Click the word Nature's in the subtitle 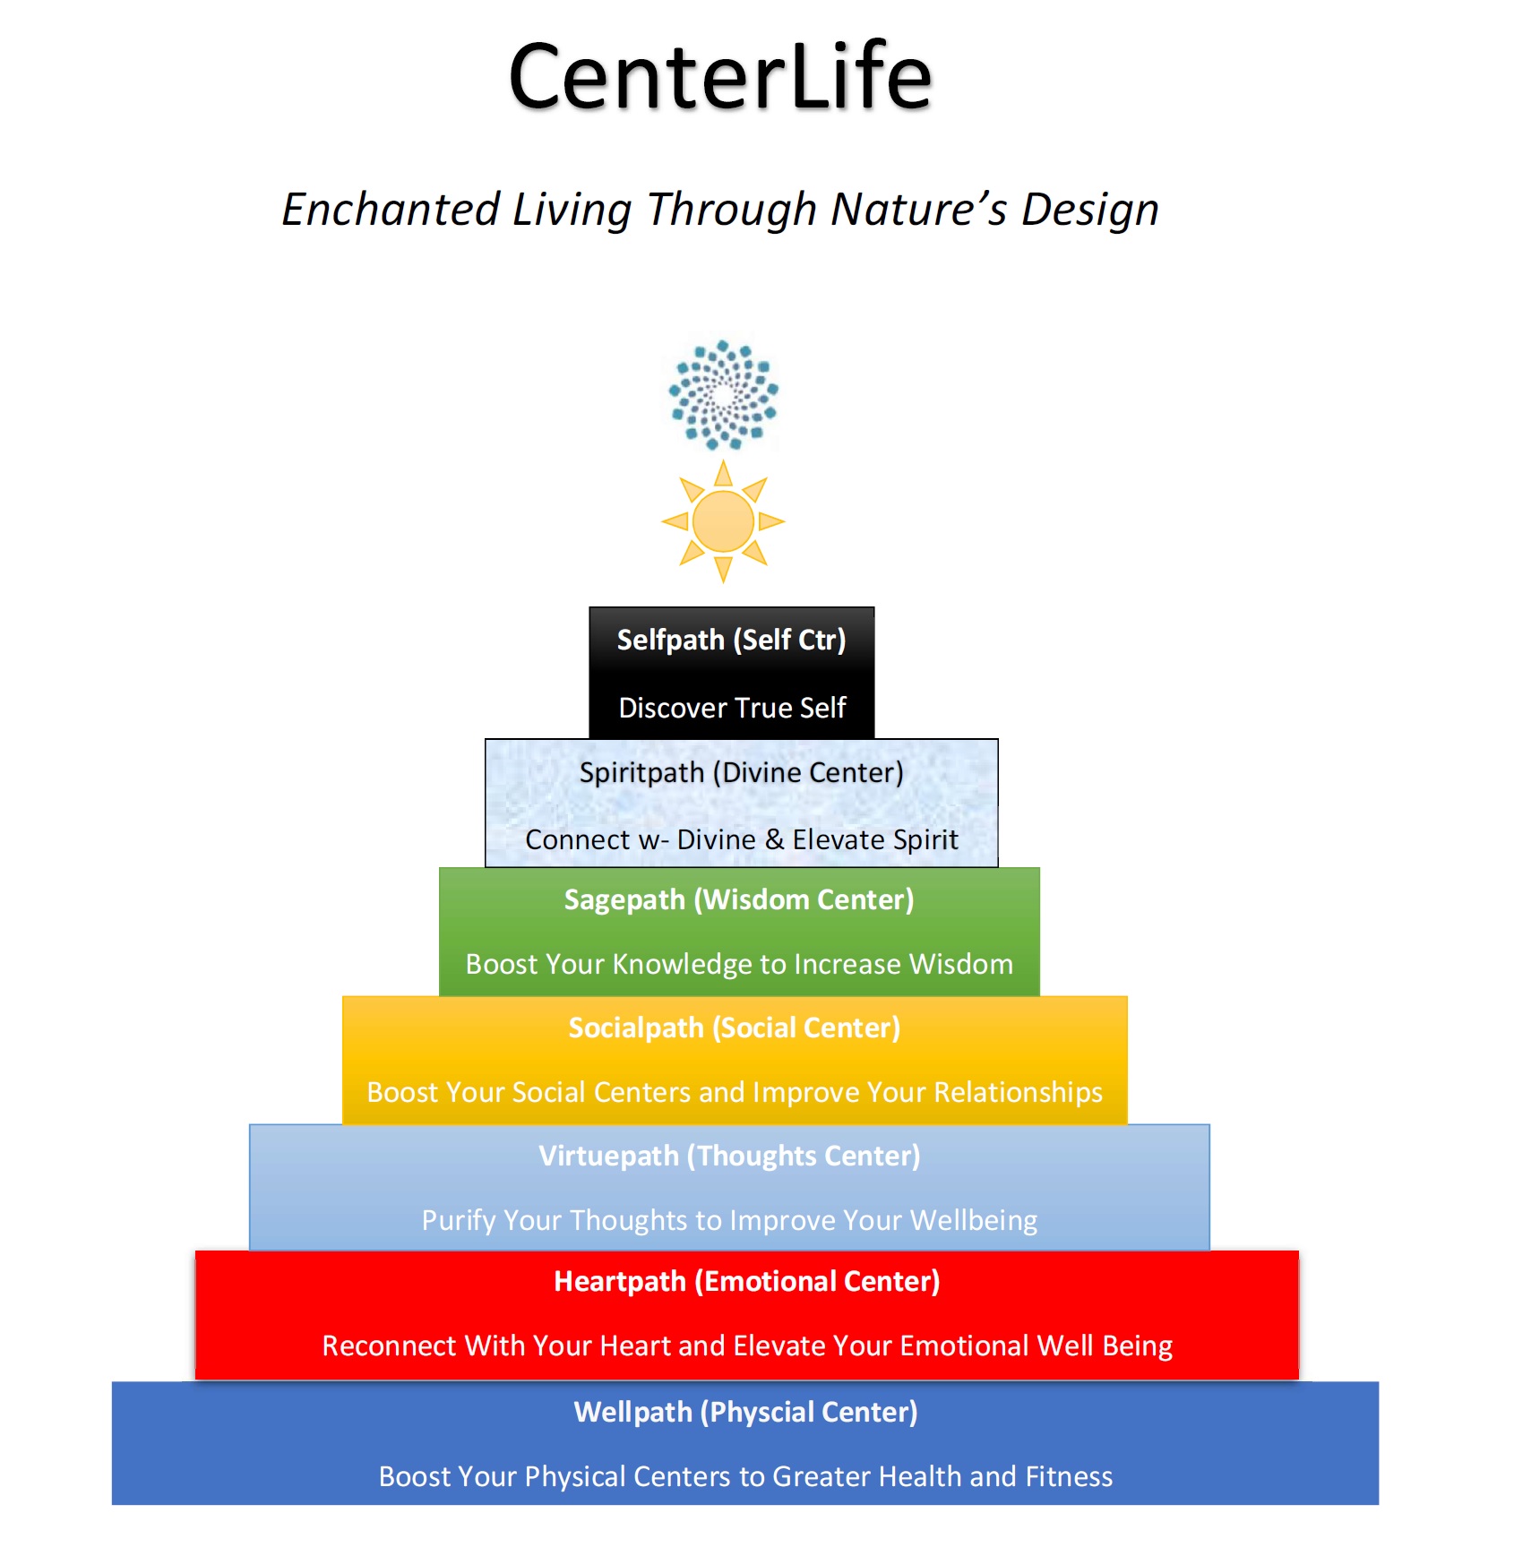(x=919, y=209)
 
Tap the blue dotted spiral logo (x=723, y=394)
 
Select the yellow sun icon (x=723, y=521)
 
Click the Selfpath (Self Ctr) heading (x=731, y=640)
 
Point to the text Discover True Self (x=732, y=708)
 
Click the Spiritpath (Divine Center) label (x=741, y=772)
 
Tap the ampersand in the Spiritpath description (x=775, y=839)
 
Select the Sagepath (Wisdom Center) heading (x=739, y=899)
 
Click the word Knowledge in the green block (x=683, y=964)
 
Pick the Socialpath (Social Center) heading (x=735, y=1027)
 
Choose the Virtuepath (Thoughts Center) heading (x=729, y=1156)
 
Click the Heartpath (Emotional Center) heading (x=747, y=1281)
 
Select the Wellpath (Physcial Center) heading (x=745, y=1412)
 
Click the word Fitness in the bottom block (x=1069, y=1476)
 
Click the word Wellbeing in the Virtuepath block (x=974, y=1220)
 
